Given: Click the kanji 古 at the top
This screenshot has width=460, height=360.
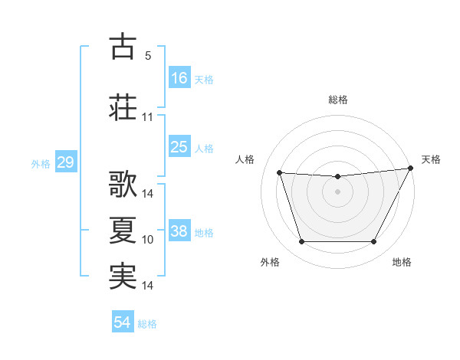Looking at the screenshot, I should [x=123, y=47].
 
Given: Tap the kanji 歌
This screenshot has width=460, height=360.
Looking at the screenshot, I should [x=123, y=185].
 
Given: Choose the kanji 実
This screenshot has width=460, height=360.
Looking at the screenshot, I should [x=123, y=277].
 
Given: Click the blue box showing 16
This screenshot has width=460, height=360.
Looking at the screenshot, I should [x=179, y=77].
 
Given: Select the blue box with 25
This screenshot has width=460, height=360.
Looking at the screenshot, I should [x=179, y=147].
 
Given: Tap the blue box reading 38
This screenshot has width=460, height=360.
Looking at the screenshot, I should [x=179, y=231].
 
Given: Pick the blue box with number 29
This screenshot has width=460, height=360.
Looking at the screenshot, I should [x=65, y=162].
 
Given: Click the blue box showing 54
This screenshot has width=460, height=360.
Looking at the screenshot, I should [x=123, y=322].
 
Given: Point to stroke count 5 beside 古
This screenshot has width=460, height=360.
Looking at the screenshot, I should [x=148, y=56].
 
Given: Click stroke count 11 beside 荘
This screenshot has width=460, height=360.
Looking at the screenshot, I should [x=148, y=117].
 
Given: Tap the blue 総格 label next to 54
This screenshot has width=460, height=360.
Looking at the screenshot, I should [x=147, y=324].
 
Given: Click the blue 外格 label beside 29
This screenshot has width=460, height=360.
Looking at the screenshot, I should [x=41, y=163].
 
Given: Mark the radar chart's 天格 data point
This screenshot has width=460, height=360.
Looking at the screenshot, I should [x=411, y=169].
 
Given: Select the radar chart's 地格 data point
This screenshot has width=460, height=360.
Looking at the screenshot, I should [x=374, y=242].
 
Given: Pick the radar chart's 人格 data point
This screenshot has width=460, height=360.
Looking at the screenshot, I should [x=280, y=173].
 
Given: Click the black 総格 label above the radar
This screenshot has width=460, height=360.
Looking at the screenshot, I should [x=338, y=100].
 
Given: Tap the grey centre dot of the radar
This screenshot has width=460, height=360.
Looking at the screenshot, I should [x=338, y=191].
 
